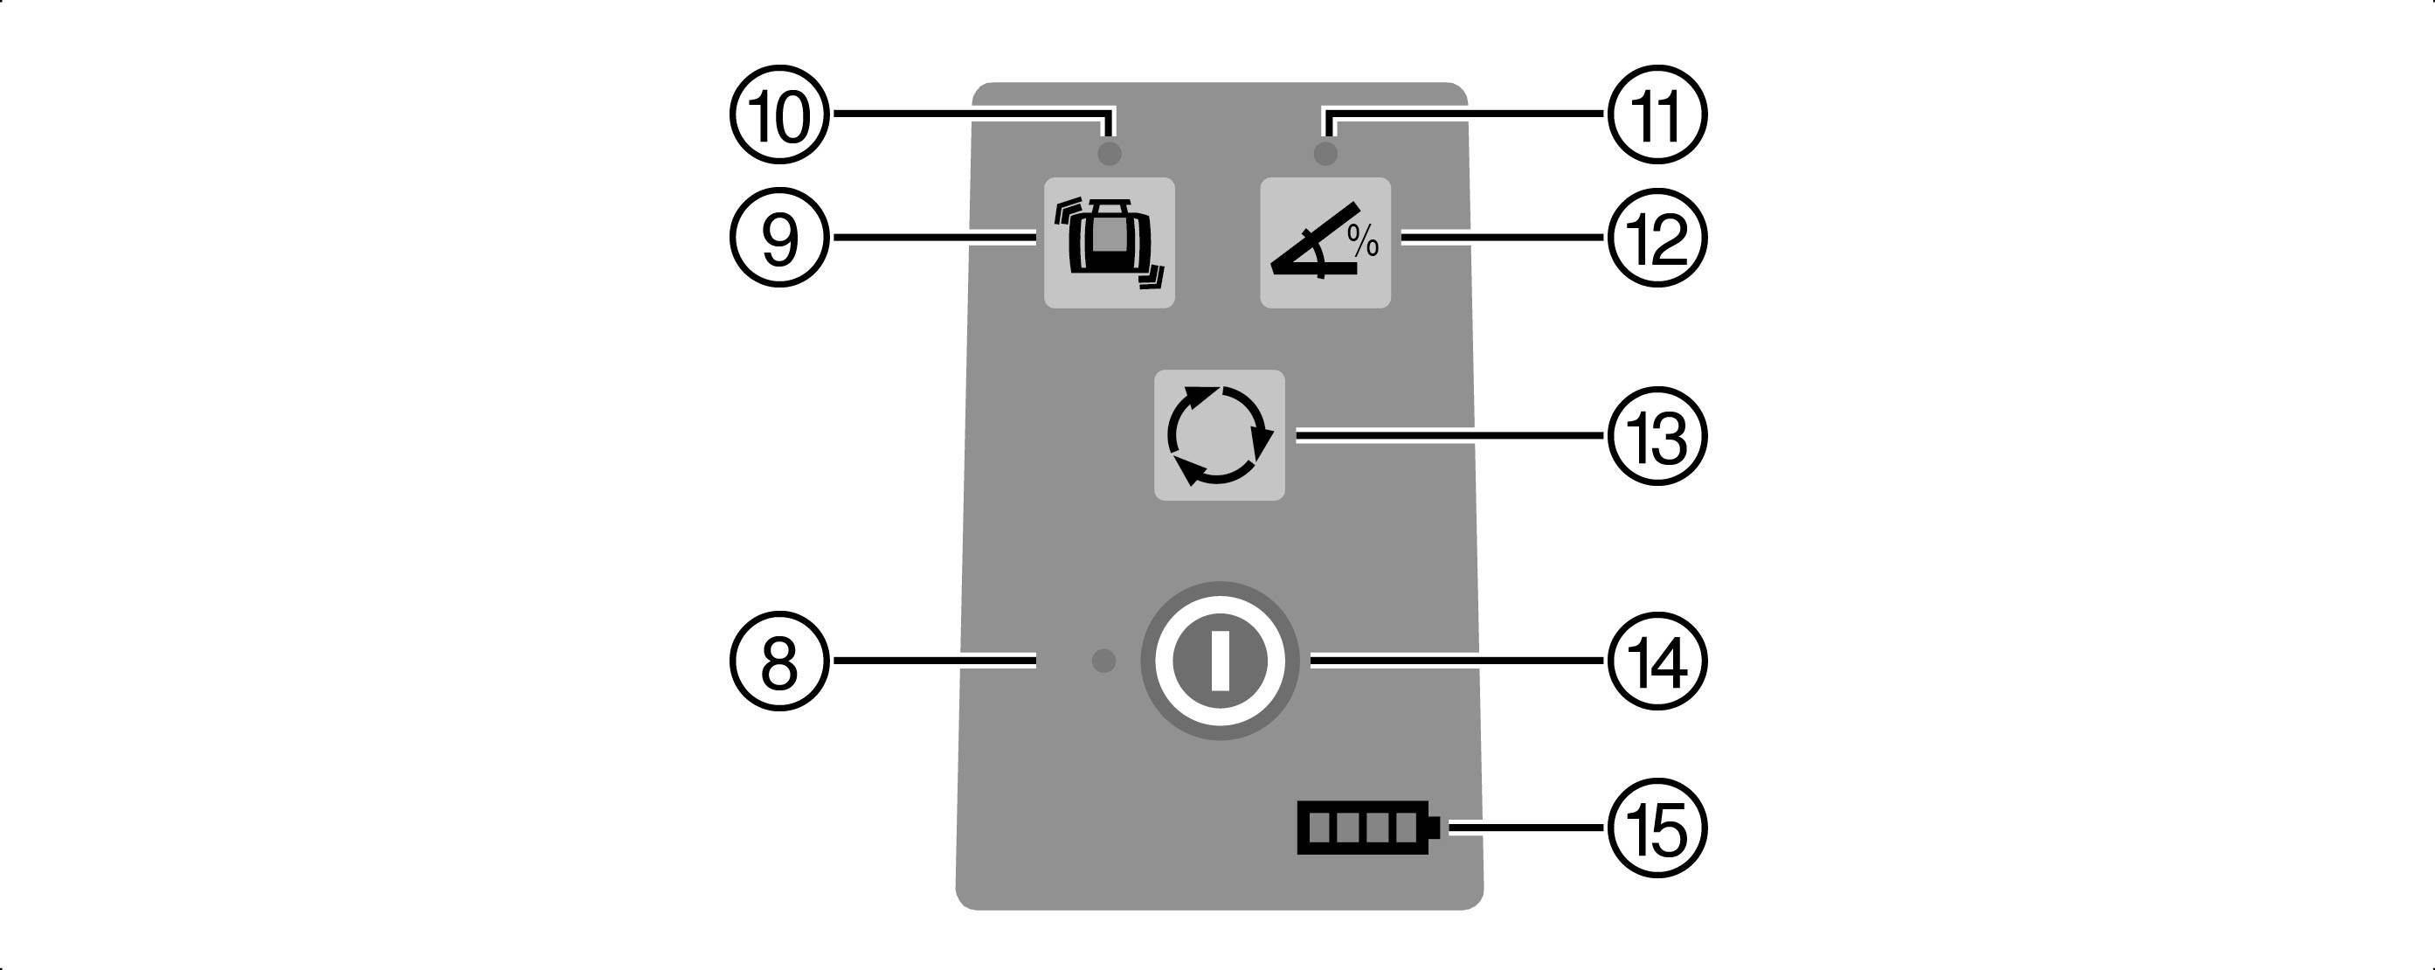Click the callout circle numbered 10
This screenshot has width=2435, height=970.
click(x=780, y=114)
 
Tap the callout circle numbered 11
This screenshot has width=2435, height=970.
click(x=1657, y=114)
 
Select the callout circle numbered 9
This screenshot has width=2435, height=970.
click(x=780, y=238)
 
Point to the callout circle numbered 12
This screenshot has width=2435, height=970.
click(x=1657, y=238)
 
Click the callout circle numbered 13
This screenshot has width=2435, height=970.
click(x=1657, y=436)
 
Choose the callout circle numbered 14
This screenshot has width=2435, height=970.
click(x=1657, y=661)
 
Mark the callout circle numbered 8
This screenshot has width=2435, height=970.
click(x=780, y=661)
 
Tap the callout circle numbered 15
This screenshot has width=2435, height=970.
click(x=1657, y=828)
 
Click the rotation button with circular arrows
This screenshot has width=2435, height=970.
click(x=1220, y=435)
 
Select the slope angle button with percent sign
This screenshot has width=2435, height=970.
click(x=1325, y=243)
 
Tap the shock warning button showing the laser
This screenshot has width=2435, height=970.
click(x=1109, y=243)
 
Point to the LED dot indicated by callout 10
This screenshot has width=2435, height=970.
click(x=1110, y=153)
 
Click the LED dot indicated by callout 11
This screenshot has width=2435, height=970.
click(x=1325, y=153)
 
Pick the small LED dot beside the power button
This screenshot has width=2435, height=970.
click(x=1103, y=661)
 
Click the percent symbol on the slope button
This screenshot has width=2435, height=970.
click(x=1363, y=241)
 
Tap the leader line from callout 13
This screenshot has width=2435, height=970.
click(x=1451, y=436)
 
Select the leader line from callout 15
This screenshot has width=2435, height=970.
click(x=1526, y=828)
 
